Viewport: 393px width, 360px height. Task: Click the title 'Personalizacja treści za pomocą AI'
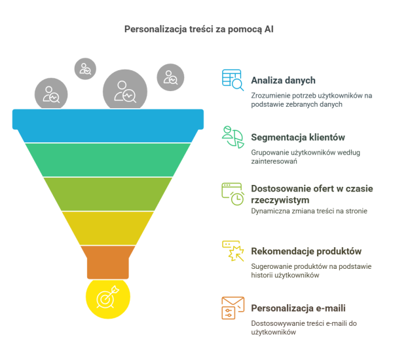[198, 30]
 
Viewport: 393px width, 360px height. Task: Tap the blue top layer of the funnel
[108, 125]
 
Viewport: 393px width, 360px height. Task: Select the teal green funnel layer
[108, 160]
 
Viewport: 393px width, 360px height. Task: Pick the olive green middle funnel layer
[108, 194]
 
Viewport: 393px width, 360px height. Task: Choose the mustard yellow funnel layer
[108, 228]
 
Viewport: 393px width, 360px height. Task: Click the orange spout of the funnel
[108, 262]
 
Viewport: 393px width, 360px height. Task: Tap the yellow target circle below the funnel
[108, 298]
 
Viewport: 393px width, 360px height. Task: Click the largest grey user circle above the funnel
[125, 90]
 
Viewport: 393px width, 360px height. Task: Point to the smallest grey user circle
[85, 69]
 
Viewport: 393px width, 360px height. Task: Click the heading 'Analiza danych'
[283, 80]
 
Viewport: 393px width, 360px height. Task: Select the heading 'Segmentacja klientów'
[298, 137]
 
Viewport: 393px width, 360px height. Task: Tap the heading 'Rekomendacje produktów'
[307, 251]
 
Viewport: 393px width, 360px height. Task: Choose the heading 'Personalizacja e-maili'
[298, 308]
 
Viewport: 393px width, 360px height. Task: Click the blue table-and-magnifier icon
[233, 80]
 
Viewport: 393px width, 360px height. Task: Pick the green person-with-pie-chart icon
[233, 137]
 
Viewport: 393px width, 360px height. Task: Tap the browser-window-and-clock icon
[233, 194]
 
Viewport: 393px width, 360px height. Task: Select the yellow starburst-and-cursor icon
[233, 251]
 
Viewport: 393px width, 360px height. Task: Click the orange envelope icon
[233, 308]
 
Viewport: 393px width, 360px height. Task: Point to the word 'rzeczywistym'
[280, 201]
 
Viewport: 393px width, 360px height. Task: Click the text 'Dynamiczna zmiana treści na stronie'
[309, 211]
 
